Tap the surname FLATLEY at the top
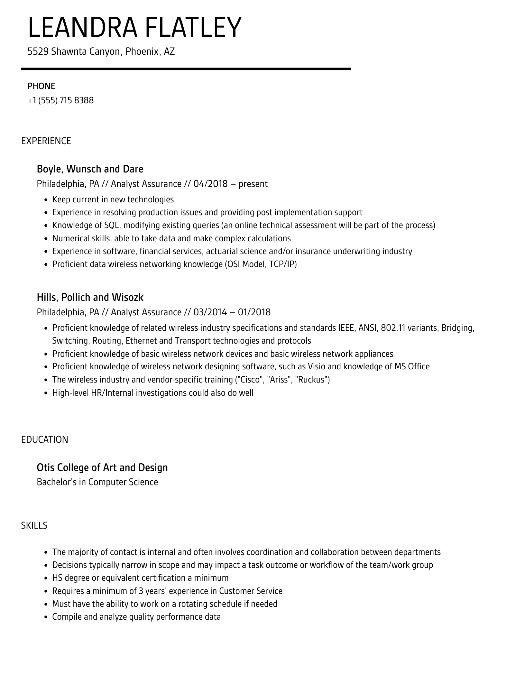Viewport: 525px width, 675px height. pyautogui.click(x=193, y=28)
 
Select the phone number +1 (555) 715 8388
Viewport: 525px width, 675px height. pyautogui.click(x=60, y=100)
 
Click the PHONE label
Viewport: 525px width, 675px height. pyautogui.click(x=41, y=86)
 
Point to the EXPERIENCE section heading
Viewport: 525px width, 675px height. pyautogui.click(x=46, y=141)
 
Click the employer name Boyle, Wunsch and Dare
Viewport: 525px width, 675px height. pyautogui.click(x=90, y=169)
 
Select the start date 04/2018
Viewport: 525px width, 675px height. pyautogui.click(x=210, y=184)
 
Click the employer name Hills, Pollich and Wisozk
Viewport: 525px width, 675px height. pyautogui.click(x=90, y=297)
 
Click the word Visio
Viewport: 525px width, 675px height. pyautogui.click(x=317, y=367)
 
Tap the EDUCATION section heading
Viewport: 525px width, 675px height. pyautogui.click(x=45, y=439)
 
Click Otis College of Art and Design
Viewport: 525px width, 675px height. pyautogui.click(x=102, y=467)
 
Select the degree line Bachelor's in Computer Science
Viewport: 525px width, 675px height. pyautogui.click(x=97, y=482)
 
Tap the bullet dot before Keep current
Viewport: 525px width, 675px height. pyautogui.click(x=46, y=200)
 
